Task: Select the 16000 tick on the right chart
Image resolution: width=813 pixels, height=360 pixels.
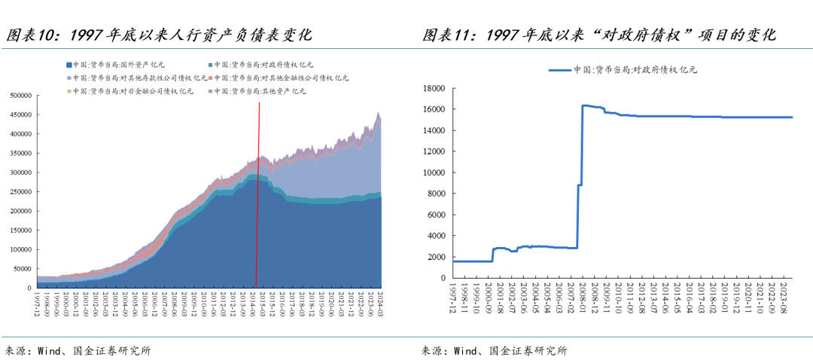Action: point(436,109)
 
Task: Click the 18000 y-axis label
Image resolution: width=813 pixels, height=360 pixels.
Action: point(436,88)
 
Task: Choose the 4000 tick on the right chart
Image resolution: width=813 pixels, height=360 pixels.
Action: point(438,236)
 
